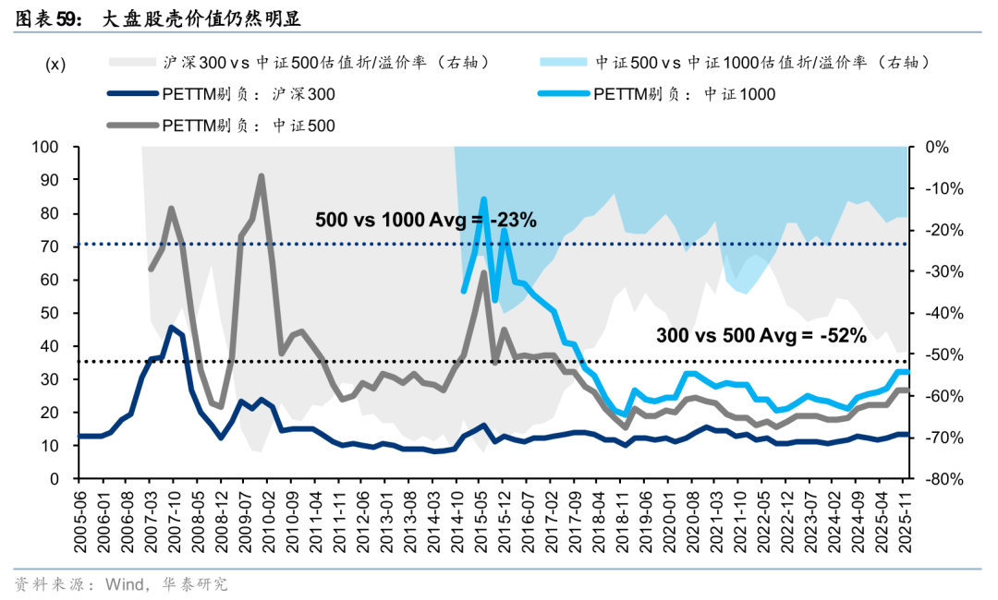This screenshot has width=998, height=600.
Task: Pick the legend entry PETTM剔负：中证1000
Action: pyautogui.click(x=685, y=94)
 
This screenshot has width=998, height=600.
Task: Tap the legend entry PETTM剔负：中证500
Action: pyautogui.click(x=249, y=125)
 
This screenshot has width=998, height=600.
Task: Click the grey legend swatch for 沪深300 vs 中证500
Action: pyautogui.click(x=129, y=63)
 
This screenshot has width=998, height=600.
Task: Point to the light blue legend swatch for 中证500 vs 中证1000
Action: pyautogui.click(x=564, y=63)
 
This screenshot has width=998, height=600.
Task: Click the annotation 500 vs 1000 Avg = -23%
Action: pyautogui.click(x=426, y=221)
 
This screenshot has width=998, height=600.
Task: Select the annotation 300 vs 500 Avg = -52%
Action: pyautogui.click(x=761, y=336)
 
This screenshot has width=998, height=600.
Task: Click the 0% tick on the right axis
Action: pyautogui.click(x=937, y=148)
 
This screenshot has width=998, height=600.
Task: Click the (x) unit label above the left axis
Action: pyautogui.click(x=56, y=64)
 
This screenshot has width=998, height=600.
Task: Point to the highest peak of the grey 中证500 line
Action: pyautogui.click(x=262, y=175)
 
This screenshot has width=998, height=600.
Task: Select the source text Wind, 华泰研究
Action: pyautogui.click(x=166, y=584)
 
